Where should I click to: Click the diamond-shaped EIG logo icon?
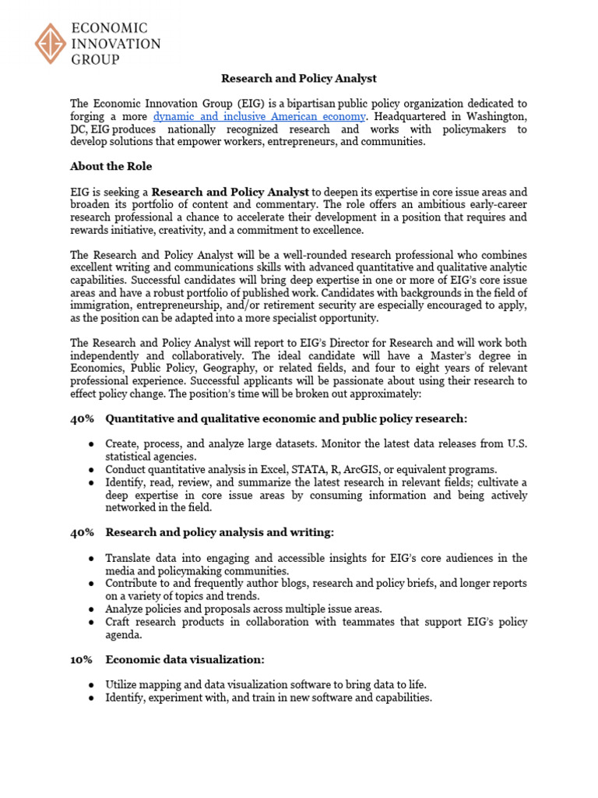point(51,44)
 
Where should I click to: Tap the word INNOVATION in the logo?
point(116,44)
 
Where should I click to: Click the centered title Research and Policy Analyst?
point(299,78)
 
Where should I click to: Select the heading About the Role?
point(111,166)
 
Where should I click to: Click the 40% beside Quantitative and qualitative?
point(82,418)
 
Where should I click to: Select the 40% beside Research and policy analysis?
point(82,532)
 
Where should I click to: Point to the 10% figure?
point(81,659)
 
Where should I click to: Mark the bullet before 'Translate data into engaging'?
point(92,559)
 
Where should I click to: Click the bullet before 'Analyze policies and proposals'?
point(92,609)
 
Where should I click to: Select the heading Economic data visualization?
point(185,659)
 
